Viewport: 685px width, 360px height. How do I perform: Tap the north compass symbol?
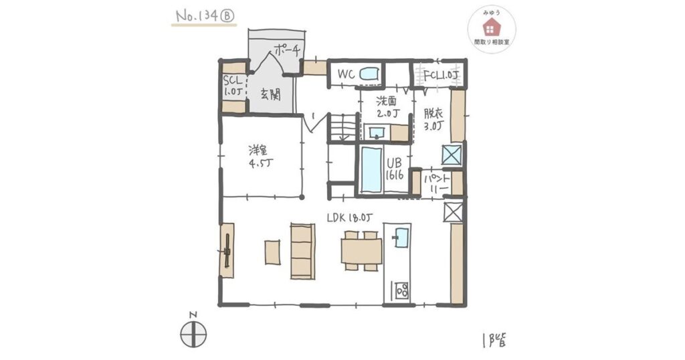click(193, 333)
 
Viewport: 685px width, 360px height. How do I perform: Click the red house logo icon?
click(492, 27)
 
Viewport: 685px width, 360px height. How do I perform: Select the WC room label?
click(346, 75)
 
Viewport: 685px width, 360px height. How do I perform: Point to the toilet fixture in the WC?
click(369, 74)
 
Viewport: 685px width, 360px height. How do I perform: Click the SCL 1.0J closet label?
click(232, 86)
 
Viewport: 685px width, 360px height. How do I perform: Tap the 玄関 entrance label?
click(270, 94)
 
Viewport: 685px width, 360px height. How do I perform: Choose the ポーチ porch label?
click(286, 51)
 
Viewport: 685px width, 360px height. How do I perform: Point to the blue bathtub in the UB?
click(371, 170)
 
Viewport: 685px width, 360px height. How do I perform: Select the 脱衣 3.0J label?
click(433, 119)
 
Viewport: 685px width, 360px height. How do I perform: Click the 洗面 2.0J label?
click(387, 108)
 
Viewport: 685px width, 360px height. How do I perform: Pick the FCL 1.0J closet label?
click(440, 75)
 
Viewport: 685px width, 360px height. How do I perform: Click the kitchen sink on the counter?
click(401, 238)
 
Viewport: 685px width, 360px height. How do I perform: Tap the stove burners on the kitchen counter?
click(402, 290)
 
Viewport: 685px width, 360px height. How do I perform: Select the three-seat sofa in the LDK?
click(303, 251)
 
